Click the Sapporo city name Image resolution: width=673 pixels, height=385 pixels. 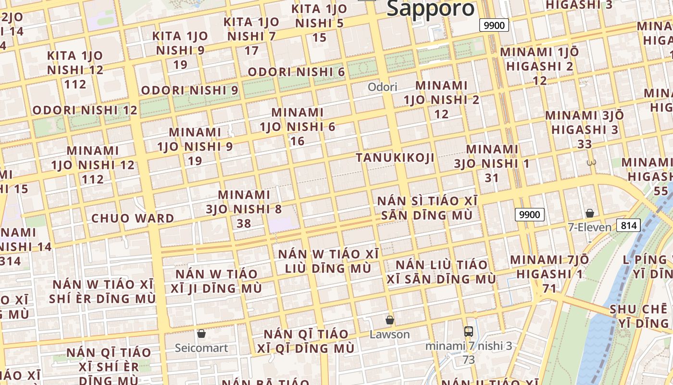coord(431,9)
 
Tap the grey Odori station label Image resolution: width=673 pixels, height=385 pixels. coord(383,87)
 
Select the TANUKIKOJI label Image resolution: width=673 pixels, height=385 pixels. coord(395,157)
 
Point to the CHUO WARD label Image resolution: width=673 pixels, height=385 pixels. coord(133,218)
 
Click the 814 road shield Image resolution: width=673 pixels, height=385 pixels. coord(629,225)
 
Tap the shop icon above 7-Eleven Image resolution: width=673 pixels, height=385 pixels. coord(590,213)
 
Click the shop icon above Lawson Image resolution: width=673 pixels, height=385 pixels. coord(390,320)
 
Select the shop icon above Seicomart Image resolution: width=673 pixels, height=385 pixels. coord(201,334)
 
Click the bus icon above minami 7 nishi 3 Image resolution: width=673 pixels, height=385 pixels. coord(469,332)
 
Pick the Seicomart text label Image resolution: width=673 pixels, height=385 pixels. coord(201,347)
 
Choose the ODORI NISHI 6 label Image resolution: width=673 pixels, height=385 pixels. coord(296,72)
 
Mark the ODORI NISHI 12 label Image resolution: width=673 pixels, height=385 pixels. coord(85,110)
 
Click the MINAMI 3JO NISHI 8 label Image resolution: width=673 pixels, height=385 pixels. coord(244,209)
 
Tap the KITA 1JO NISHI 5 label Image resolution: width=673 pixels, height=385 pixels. coord(319,23)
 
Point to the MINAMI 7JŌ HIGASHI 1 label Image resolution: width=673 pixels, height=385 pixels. coord(549,274)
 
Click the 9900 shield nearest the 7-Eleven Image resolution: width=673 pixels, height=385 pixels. coord(529,215)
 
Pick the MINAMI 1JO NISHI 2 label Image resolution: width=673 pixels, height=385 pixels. coord(441,100)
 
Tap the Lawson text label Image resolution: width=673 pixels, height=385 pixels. coord(390,334)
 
